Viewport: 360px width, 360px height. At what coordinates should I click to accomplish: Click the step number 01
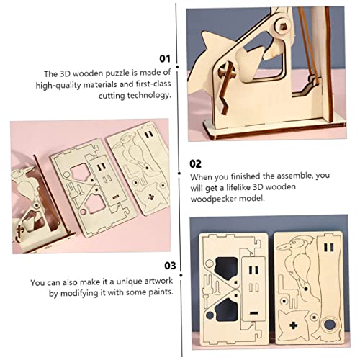pos(165,58)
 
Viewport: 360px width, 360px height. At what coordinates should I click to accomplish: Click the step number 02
pos(195,163)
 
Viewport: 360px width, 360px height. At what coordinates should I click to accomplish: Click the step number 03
pos(170,266)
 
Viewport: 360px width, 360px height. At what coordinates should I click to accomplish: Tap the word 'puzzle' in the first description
pos(117,73)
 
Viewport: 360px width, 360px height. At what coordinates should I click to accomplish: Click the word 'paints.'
pos(161,292)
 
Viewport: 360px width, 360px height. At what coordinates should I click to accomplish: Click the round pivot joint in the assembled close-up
pos(283,26)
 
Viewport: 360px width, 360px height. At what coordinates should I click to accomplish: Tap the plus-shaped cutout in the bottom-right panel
pos(294,325)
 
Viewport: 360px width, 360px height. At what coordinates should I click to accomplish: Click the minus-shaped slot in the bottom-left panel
pos(253,312)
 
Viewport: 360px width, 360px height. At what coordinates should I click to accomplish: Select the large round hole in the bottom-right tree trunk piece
pos(330,324)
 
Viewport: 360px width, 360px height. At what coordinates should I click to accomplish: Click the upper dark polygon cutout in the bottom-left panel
pos(227,269)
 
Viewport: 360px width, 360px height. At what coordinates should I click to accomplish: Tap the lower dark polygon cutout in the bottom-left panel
pos(227,310)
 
